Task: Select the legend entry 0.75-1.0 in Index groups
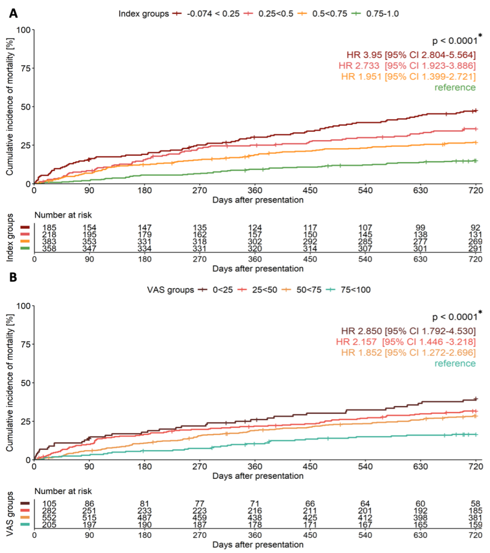pos(382,14)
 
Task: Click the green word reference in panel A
pos(454,88)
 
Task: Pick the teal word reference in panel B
pos(454,364)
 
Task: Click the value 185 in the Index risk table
pos(49,228)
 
